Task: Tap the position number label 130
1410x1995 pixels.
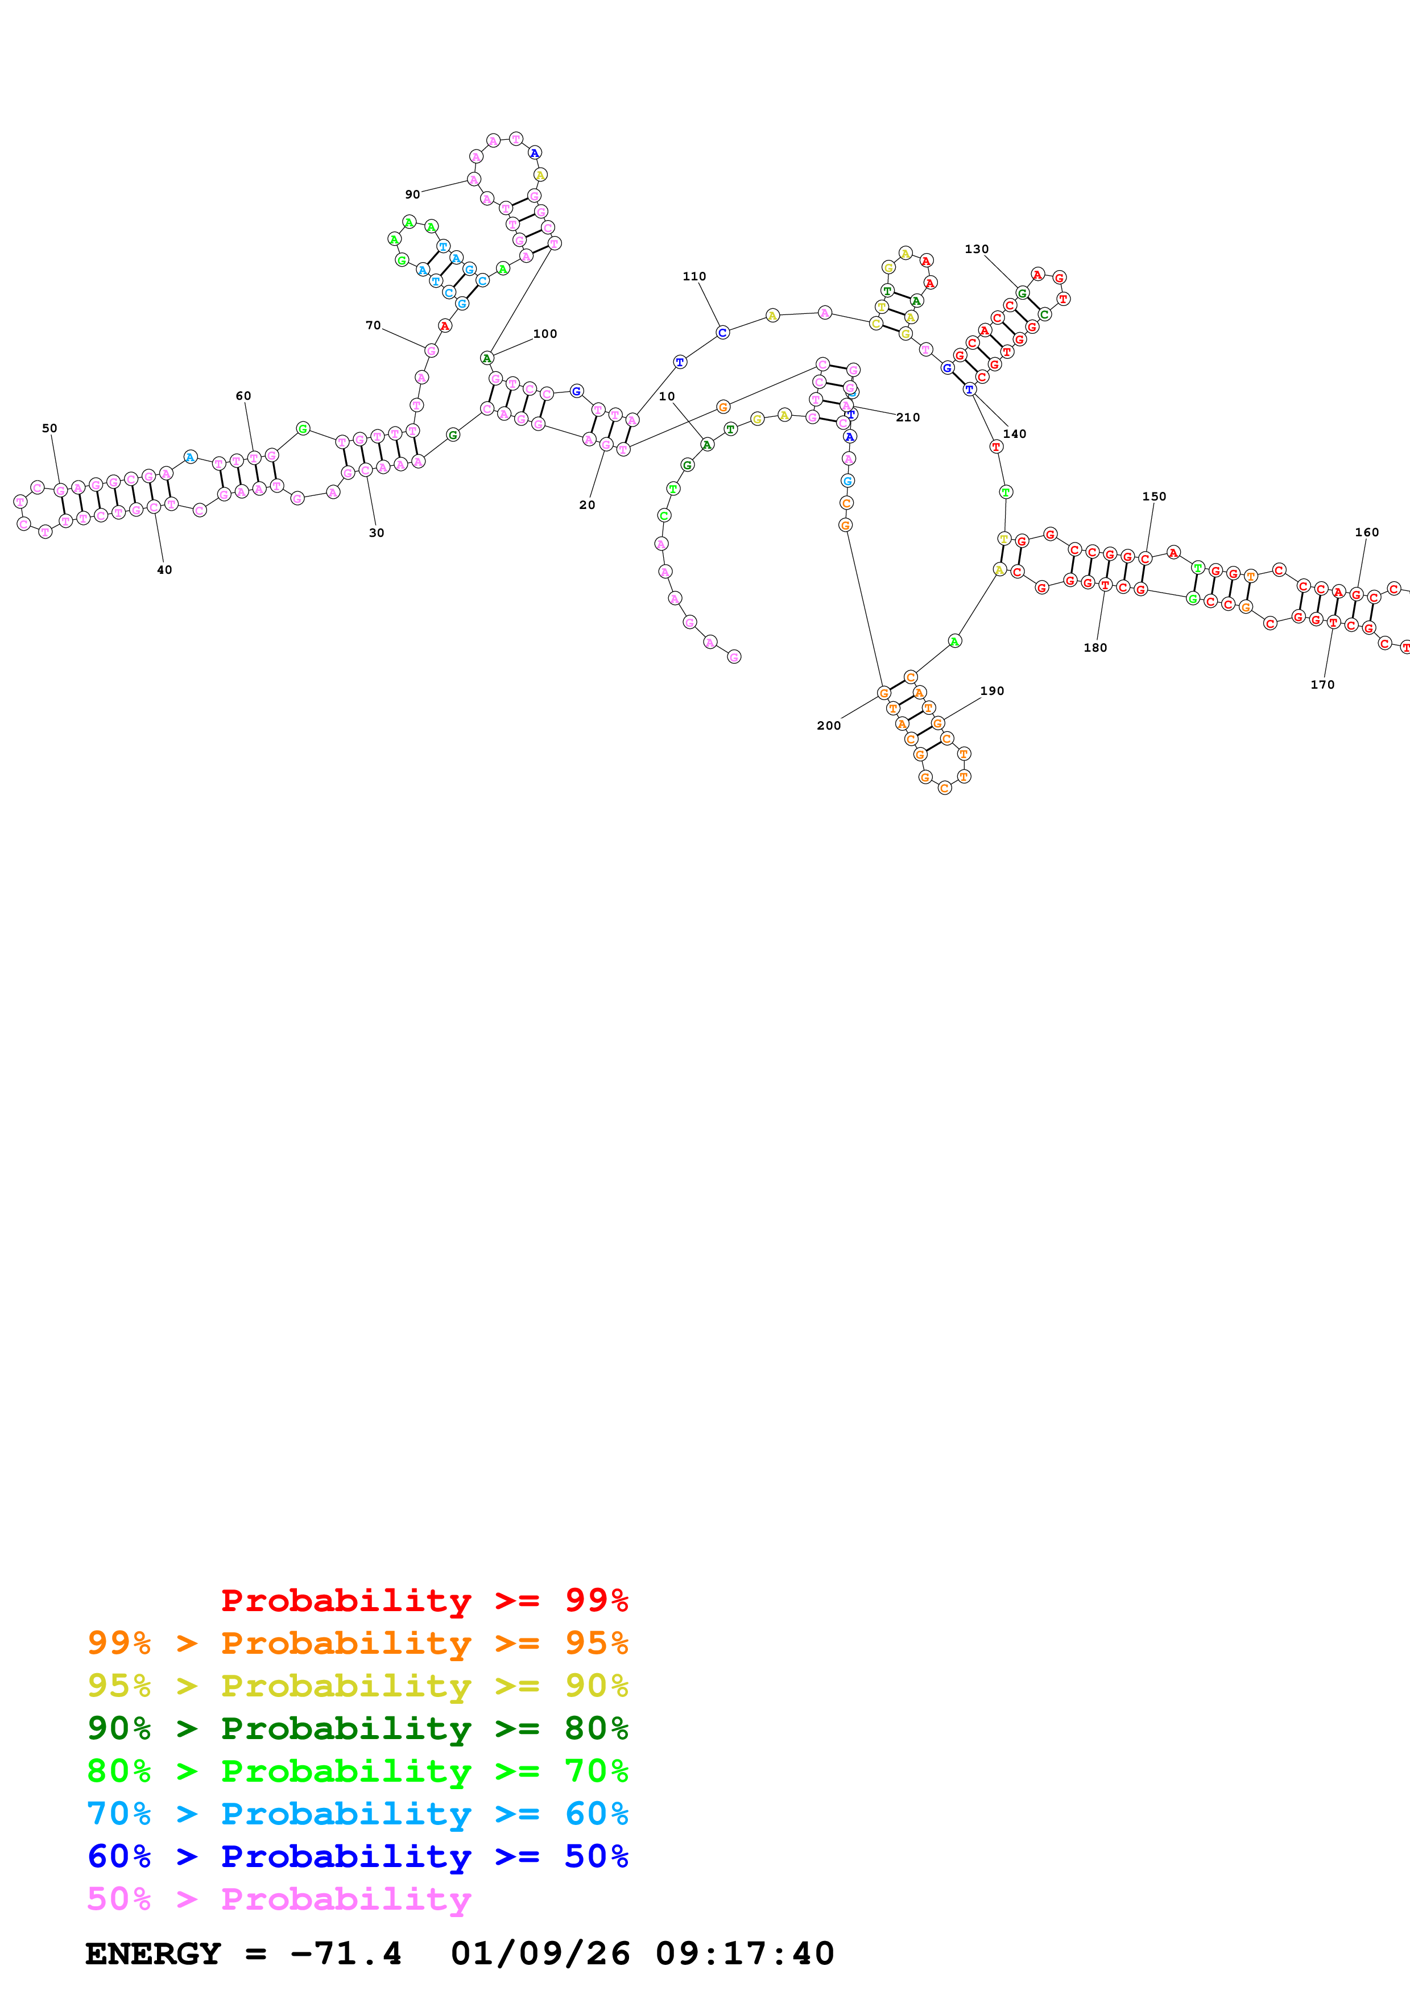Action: click(x=977, y=249)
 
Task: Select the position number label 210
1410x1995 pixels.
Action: click(x=908, y=418)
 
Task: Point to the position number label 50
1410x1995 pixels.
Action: click(x=49, y=428)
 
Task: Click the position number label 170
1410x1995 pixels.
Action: click(x=1322, y=685)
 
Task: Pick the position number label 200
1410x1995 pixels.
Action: click(x=829, y=726)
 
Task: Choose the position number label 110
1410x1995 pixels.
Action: click(x=694, y=277)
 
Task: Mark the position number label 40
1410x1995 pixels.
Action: click(x=164, y=570)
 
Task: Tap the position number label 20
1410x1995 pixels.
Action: click(x=588, y=505)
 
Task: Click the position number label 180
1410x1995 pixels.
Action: click(x=1095, y=647)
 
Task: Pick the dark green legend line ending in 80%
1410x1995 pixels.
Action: click(x=358, y=1728)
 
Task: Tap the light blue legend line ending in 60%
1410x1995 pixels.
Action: click(x=358, y=1814)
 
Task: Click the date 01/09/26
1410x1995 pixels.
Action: click(x=540, y=1953)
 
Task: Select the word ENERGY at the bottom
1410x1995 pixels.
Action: click(x=153, y=1953)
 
